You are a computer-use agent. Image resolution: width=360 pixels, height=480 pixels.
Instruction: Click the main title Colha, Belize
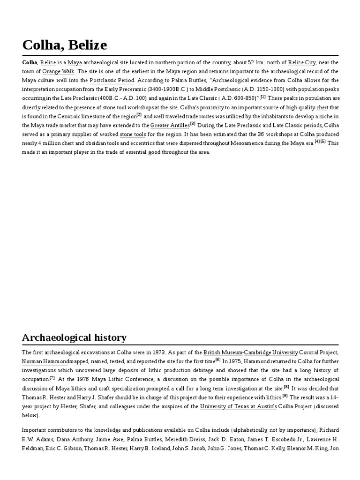click(65, 45)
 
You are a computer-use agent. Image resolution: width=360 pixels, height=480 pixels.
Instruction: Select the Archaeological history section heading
click(74, 337)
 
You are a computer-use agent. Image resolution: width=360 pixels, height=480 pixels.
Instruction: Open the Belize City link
click(302, 62)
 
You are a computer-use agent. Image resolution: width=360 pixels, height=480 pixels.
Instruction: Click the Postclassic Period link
click(112, 81)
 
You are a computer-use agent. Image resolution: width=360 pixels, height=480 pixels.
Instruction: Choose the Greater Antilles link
click(170, 126)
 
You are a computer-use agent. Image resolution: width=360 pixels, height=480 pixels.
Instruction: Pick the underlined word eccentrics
click(142, 143)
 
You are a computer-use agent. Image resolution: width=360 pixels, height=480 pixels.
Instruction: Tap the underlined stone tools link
click(133, 135)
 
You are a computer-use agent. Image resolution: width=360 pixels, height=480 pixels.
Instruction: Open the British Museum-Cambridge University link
click(251, 352)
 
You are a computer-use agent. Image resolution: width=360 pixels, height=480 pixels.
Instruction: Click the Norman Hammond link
click(45, 361)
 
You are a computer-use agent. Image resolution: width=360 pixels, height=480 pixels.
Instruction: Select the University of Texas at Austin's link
click(238, 406)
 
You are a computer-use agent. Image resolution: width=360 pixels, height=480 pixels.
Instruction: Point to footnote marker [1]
click(263, 97)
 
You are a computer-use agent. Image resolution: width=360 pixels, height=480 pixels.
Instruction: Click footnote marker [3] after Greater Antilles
click(193, 124)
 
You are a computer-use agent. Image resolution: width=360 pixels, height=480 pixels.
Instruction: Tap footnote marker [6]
click(218, 360)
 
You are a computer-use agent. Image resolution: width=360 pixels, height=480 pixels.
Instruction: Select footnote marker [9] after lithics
click(285, 396)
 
